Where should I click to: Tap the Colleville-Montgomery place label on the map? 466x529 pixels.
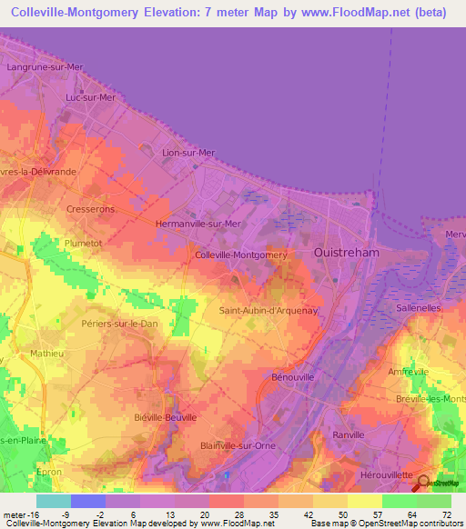point(241,255)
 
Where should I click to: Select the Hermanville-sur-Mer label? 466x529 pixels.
point(198,224)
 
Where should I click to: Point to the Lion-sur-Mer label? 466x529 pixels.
point(188,153)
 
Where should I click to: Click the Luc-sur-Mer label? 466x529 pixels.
point(91,97)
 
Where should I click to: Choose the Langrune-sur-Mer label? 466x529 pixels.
point(44,67)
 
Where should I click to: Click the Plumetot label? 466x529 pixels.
point(83,244)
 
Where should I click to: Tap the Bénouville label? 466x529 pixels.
point(293,375)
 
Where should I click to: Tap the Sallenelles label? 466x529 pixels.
point(420,309)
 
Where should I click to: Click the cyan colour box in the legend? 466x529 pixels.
point(53,501)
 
